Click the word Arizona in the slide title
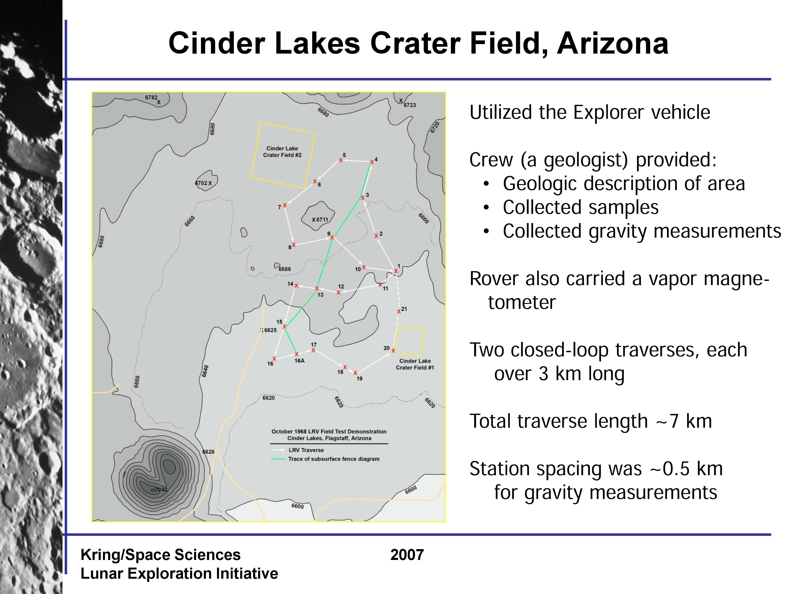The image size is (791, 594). [612, 43]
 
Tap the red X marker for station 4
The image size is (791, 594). [372, 162]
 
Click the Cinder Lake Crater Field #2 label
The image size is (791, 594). [282, 152]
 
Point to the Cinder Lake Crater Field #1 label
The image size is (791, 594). [415, 364]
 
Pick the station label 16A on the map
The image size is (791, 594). [299, 361]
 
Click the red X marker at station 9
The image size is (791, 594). [332, 237]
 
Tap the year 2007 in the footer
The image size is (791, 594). [407, 555]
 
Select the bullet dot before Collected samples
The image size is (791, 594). [486, 208]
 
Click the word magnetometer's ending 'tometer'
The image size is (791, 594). [522, 302]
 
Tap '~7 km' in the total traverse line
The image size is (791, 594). [683, 421]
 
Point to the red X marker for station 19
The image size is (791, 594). [355, 373]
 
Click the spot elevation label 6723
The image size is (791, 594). [410, 105]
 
